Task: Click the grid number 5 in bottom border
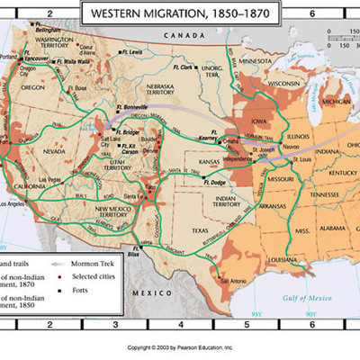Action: click(247, 327)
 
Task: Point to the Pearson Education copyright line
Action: click(179, 346)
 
